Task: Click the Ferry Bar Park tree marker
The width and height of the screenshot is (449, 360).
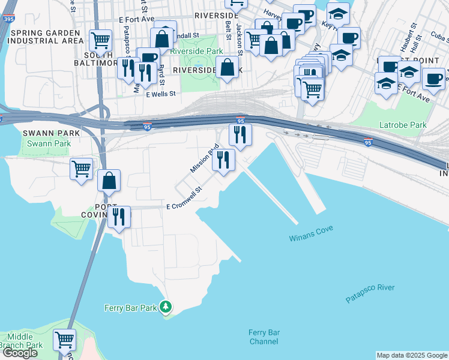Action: point(166,308)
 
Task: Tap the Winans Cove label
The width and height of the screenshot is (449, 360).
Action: point(311,229)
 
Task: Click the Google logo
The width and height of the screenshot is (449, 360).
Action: point(20,353)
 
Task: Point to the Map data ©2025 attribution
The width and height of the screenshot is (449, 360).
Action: point(412,355)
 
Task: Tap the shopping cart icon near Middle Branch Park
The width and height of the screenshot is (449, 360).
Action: point(64,340)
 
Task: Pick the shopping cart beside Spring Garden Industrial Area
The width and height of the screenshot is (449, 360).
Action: point(101,40)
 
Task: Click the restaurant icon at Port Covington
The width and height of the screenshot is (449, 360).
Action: point(119,217)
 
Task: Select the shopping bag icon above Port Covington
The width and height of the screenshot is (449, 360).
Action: point(109,180)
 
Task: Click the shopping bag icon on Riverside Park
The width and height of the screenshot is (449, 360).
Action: point(228,67)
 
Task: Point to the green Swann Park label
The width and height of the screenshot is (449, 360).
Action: point(49,143)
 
